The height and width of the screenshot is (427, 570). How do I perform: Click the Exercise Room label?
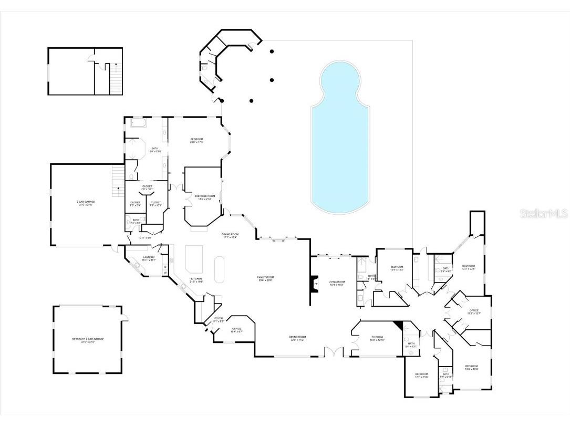point(202,197)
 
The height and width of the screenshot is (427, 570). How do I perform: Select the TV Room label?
point(378,338)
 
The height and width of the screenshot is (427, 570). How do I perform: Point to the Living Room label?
point(336,283)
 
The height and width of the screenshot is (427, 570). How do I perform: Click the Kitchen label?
point(196,280)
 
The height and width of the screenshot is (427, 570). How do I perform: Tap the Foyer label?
point(218,319)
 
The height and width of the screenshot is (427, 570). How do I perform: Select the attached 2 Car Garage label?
point(86,203)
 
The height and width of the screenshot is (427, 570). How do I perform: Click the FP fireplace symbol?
point(316,284)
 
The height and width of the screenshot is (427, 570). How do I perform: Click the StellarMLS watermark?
point(544,214)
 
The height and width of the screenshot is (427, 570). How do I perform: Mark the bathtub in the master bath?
point(139,123)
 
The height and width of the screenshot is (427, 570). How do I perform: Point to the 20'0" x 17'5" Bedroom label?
point(196,140)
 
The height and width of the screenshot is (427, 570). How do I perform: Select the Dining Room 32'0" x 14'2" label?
point(297,338)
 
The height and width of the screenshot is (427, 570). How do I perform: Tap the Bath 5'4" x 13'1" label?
point(411,345)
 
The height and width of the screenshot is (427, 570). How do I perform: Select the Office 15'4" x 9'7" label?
point(237,330)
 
